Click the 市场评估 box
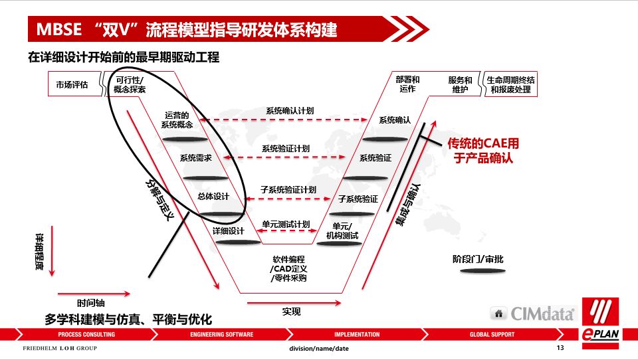[x=72, y=85]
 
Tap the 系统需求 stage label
[x=196, y=158]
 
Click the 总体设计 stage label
[x=213, y=196]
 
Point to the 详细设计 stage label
[x=229, y=231]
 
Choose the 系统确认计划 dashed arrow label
[x=289, y=111]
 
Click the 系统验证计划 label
[x=286, y=148]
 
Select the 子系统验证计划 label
[x=288, y=189]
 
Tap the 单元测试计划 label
[x=286, y=224]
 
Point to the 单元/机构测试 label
[x=342, y=230]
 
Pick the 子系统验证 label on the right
[x=358, y=199]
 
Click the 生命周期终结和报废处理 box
[x=510, y=85]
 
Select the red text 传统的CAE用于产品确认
[x=483, y=151]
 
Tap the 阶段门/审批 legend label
[x=478, y=259]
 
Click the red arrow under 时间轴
[x=94, y=292]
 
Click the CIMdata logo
[x=532, y=313]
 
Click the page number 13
[x=560, y=348]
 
